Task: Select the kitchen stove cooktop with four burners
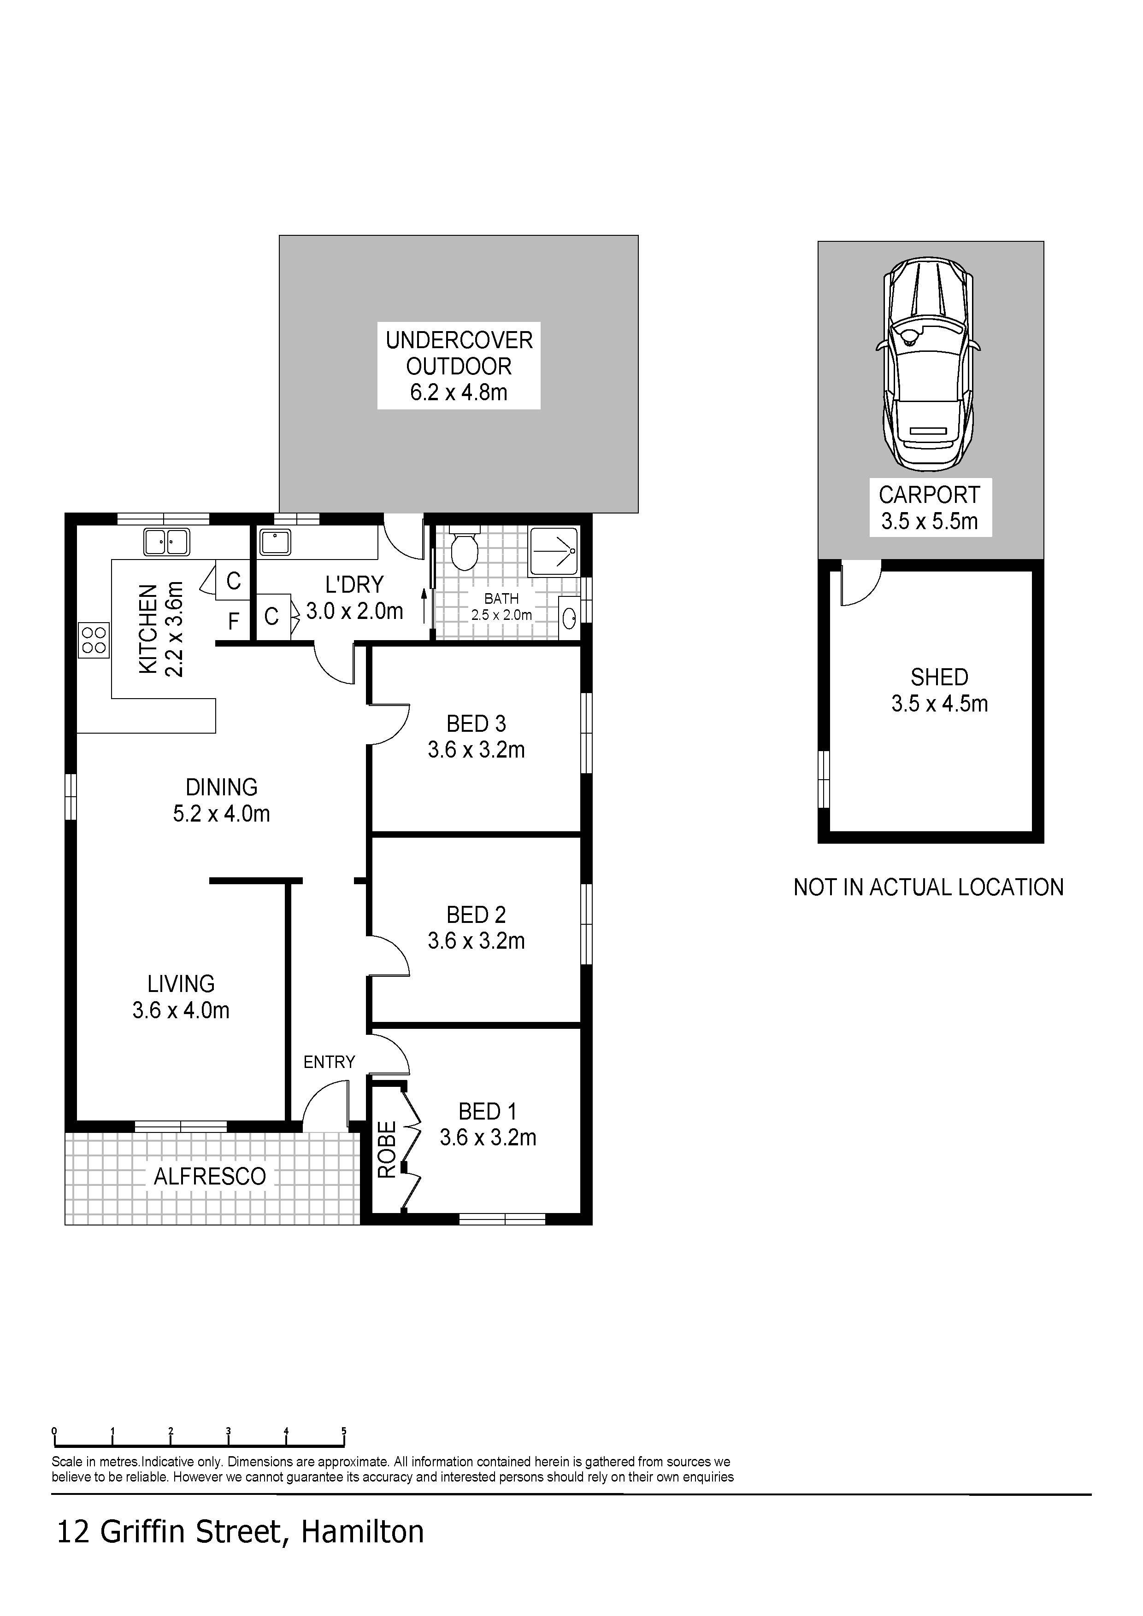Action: pos(94,641)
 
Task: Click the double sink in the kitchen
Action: pos(167,542)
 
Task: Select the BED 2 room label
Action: pos(477,927)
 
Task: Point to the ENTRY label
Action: pos(329,1062)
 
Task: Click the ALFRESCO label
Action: pos(210,1176)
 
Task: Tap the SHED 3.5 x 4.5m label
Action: pos(939,690)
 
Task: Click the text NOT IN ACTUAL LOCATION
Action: pos(928,887)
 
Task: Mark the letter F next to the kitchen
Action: pos(234,621)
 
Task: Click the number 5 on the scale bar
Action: pos(344,1431)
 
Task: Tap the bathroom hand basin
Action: pos(569,618)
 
